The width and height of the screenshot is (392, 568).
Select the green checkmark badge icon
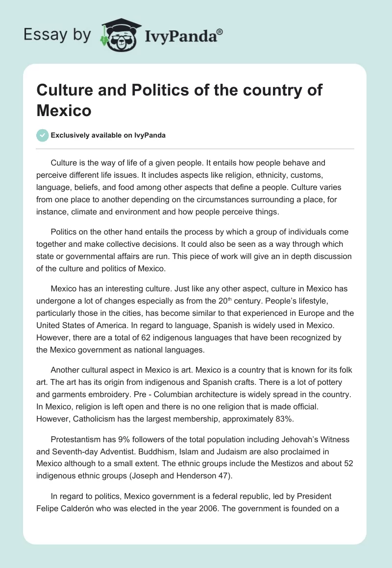coord(43,135)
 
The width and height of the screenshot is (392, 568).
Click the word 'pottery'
coord(328,382)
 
